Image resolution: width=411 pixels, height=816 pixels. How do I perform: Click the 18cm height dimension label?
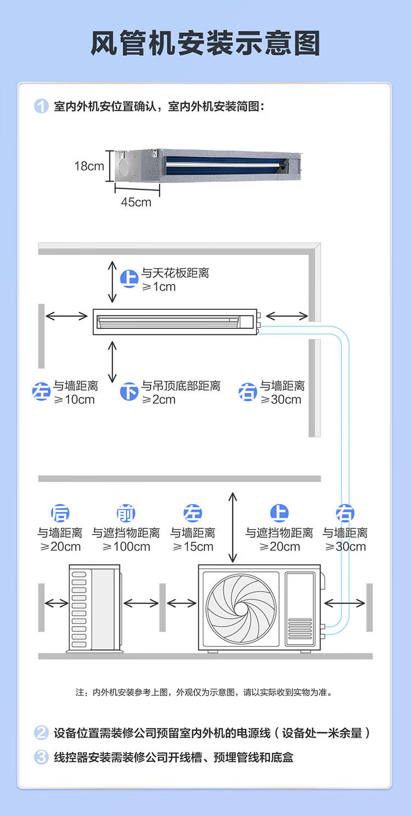(x=89, y=166)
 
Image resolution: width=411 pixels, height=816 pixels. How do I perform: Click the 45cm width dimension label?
(x=136, y=202)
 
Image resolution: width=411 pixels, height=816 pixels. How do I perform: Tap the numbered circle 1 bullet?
(x=41, y=106)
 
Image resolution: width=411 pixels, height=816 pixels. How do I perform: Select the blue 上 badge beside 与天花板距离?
(x=129, y=279)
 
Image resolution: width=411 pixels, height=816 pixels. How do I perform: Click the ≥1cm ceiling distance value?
(x=158, y=287)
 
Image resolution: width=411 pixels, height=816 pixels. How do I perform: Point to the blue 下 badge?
(x=129, y=392)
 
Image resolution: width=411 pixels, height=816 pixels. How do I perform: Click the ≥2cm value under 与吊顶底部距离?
(x=158, y=400)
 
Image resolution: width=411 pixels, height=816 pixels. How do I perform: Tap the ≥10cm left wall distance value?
(x=74, y=400)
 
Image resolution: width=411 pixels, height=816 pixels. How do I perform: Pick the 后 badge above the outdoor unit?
(x=60, y=513)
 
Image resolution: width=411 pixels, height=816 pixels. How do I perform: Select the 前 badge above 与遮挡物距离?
(x=126, y=513)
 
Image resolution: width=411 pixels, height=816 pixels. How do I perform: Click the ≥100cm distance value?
(x=126, y=546)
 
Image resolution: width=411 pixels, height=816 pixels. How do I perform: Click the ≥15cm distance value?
(x=193, y=546)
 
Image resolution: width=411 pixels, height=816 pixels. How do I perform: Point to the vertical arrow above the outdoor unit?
(x=233, y=528)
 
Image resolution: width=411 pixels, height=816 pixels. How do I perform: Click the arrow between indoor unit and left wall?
(x=66, y=316)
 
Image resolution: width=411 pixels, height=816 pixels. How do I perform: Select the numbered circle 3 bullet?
(x=41, y=757)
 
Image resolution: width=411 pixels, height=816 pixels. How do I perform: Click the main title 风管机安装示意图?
(x=206, y=43)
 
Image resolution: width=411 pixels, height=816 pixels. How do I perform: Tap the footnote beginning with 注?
(x=204, y=692)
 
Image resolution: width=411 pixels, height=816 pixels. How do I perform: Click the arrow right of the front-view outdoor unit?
(x=344, y=603)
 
